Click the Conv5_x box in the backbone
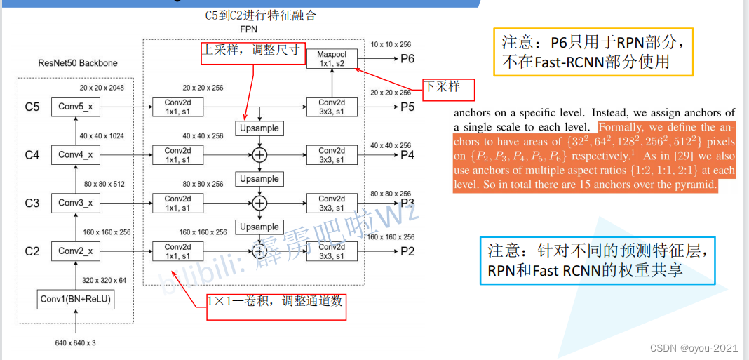coord(75,107)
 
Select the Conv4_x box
coord(75,154)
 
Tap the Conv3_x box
coord(75,203)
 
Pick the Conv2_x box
coord(75,251)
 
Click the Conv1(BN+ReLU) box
coord(76,300)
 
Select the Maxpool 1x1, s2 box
coord(332,59)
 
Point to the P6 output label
coord(407,59)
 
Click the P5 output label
coord(407,107)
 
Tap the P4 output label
coord(407,155)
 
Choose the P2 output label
coord(407,251)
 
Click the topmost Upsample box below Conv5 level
coord(259,128)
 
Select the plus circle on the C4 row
coord(260,155)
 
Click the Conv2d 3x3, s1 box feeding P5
coord(332,107)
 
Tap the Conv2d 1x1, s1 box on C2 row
coord(178,251)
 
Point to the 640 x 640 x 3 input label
coord(75,343)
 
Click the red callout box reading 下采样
coord(448,88)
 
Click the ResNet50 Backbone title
coord(78,63)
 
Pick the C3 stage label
coord(32,204)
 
